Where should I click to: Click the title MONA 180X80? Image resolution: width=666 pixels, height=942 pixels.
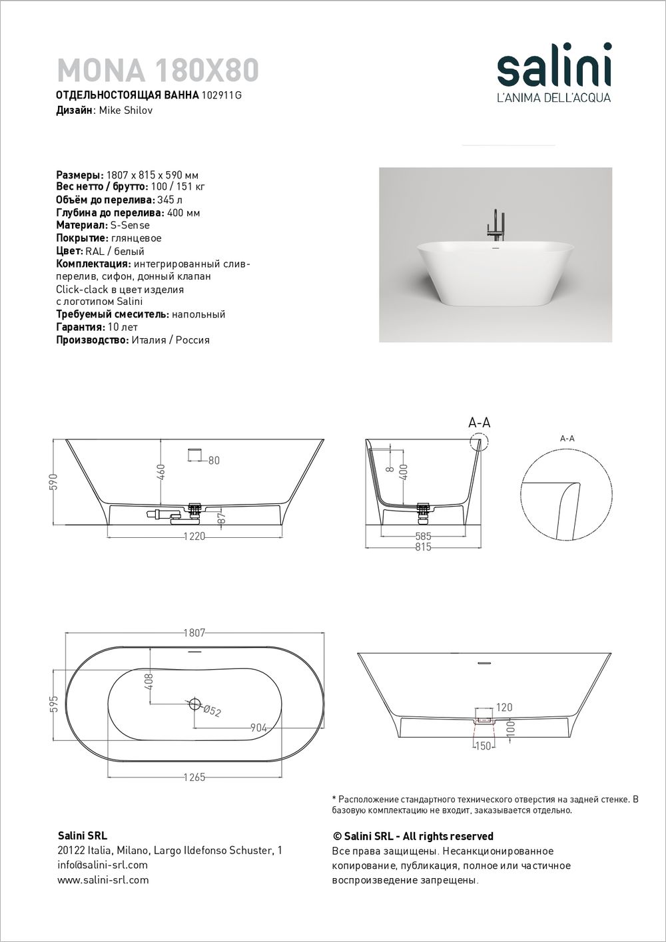(158, 69)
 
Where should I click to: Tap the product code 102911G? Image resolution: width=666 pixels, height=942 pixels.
(222, 95)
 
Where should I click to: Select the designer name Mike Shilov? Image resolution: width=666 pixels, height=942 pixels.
(125, 111)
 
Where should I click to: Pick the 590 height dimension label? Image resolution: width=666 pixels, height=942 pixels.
(53, 481)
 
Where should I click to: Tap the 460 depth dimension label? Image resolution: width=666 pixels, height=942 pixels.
(160, 471)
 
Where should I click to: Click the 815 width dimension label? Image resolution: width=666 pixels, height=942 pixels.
(423, 547)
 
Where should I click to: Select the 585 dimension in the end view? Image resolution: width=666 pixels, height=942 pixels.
(423, 537)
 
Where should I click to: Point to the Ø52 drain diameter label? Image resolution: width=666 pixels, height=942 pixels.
(212, 711)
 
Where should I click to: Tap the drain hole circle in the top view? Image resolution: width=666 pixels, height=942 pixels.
(195, 702)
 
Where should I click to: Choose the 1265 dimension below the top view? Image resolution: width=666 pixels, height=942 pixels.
(193, 777)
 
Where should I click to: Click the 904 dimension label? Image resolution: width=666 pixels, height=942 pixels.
(258, 728)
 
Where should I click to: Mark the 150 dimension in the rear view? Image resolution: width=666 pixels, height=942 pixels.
(482, 746)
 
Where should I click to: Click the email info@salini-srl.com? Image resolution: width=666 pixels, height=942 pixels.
(103, 865)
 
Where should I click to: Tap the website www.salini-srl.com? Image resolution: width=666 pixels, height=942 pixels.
(103, 879)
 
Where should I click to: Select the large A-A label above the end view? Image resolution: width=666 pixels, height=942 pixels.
(480, 423)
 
